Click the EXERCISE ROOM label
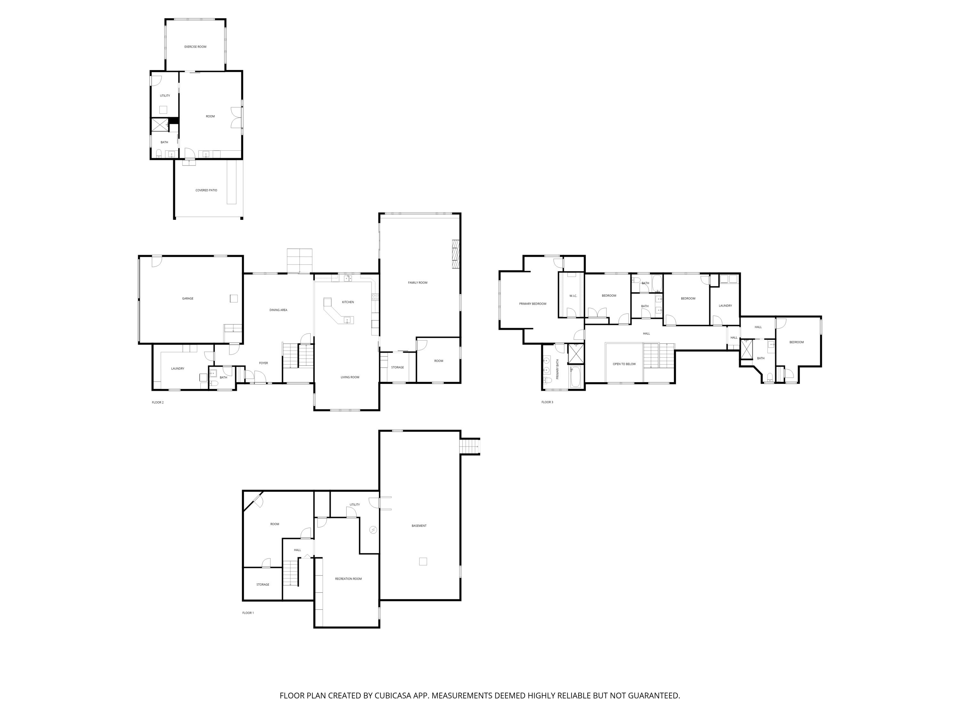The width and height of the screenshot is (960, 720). (x=195, y=46)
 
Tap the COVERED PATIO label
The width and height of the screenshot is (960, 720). (x=206, y=190)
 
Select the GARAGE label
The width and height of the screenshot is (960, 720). (x=188, y=299)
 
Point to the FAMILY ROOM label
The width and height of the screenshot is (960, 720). (x=418, y=283)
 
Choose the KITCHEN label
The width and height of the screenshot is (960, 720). (x=348, y=302)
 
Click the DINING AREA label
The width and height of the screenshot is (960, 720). (x=278, y=310)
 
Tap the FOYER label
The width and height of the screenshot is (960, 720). (x=263, y=363)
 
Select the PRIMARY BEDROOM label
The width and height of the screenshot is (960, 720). (x=532, y=304)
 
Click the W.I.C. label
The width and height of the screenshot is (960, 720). (x=573, y=296)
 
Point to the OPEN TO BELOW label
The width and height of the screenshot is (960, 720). (x=624, y=364)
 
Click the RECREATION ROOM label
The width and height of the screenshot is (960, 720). (x=348, y=579)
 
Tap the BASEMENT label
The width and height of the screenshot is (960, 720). (x=419, y=525)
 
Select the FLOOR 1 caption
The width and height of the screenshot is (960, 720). (x=248, y=613)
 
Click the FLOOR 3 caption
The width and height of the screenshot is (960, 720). (x=547, y=402)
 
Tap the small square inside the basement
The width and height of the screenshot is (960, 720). (x=423, y=562)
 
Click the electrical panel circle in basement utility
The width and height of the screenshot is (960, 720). (x=373, y=530)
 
